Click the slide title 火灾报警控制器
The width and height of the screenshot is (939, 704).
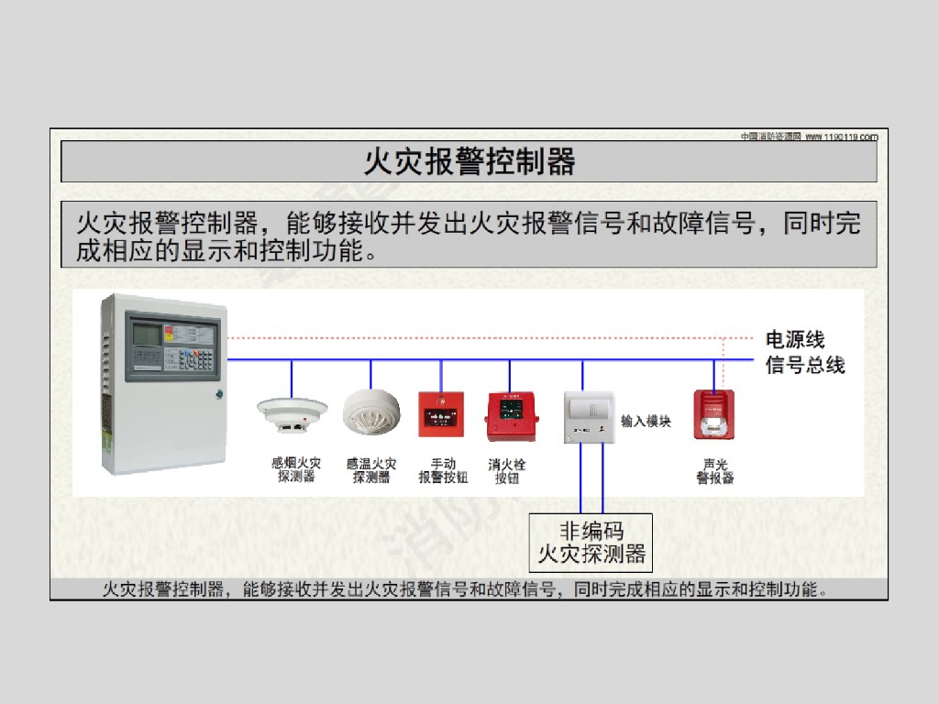tap(469, 162)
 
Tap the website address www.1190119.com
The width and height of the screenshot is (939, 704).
tap(842, 137)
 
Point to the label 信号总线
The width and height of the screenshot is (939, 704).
tap(804, 365)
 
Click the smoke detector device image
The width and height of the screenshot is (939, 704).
tap(293, 414)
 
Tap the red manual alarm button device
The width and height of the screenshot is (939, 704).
tap(442, 415)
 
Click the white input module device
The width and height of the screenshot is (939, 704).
tap(587, 415)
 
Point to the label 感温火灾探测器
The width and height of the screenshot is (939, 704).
tap(371, 470)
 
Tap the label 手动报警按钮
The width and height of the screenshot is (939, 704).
tap(443, 470)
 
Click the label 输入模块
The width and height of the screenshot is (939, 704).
tap(646, 421)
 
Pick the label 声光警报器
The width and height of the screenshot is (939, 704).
tap(714, 471)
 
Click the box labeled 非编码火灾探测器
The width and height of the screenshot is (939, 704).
tap(591, 542)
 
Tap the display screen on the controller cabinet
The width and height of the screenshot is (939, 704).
tap(146, 335)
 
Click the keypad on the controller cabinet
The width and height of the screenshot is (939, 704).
tap(197, 357)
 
